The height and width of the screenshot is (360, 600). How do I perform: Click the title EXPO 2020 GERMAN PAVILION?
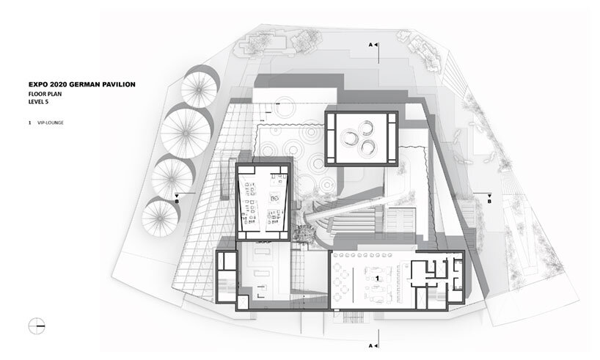82,84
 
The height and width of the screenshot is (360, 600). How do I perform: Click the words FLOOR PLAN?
45,94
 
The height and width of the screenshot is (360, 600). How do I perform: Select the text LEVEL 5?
38,102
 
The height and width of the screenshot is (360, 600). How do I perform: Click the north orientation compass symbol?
37,326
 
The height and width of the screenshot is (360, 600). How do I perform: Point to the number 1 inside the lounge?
377,279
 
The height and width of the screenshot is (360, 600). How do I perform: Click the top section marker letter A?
370,45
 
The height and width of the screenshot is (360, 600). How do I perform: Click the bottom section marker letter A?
370,345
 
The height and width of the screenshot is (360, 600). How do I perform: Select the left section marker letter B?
177,201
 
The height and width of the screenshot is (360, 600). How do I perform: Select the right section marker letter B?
489,201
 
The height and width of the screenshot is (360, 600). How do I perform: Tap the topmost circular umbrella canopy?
199,89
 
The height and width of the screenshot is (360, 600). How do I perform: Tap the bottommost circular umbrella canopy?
161,218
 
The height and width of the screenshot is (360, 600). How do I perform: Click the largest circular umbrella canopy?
186,133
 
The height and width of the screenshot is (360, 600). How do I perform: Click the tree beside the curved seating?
304,233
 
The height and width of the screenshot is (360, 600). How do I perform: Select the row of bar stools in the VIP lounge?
361,255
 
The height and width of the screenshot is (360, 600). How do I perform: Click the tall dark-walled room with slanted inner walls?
263,202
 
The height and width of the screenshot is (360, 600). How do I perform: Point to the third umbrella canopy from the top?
172,178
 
